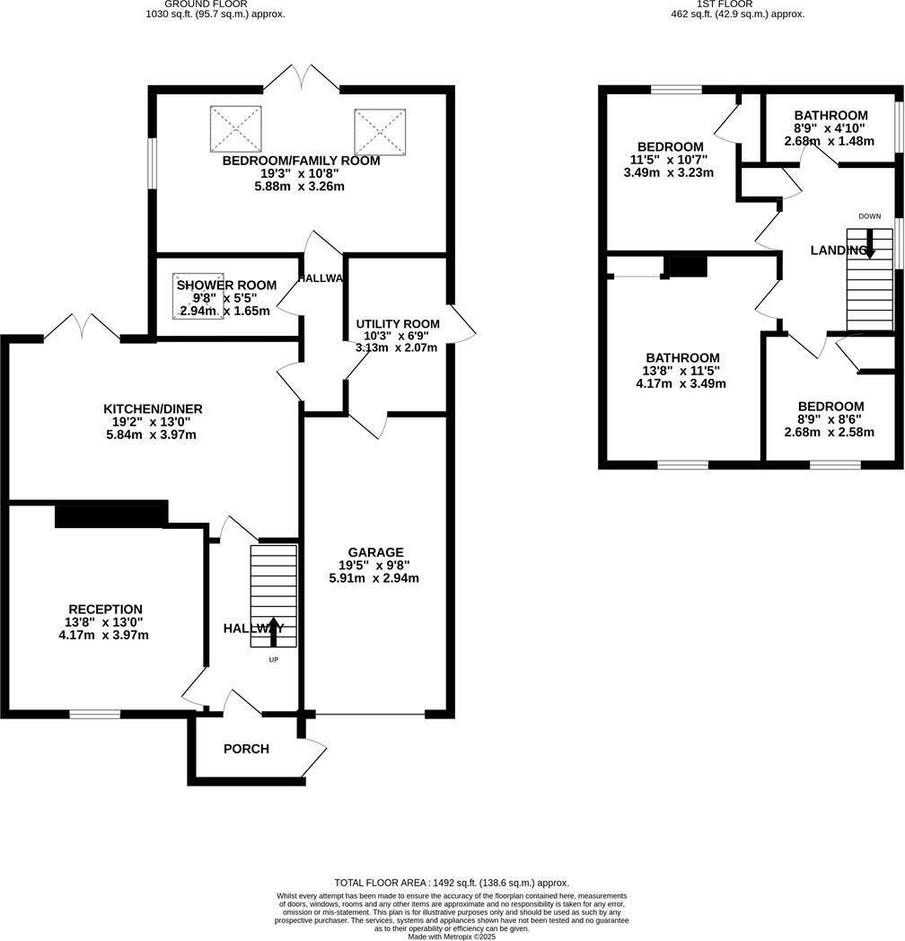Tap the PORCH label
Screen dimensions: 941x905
click(246, 749)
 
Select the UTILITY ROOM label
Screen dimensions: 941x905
click(398, 324)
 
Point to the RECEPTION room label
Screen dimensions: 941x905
click(105, 609)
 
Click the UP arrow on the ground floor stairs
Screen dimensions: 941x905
click(273, 631)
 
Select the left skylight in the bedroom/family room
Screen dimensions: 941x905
click(236, 129)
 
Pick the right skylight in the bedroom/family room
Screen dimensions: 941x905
click(381, 132)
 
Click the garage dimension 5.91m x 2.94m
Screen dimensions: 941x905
click(373, 578)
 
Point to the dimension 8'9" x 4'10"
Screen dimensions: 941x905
click(830, 128)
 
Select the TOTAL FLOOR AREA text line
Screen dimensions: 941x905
click(451, 883)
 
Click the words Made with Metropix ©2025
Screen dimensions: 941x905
click(451, 936)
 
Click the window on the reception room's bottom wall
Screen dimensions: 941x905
click(95, 714)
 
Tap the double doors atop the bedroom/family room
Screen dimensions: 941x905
click(302, 79)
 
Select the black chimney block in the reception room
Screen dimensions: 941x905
click(110, 515)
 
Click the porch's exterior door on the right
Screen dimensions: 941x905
click(315, 756)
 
